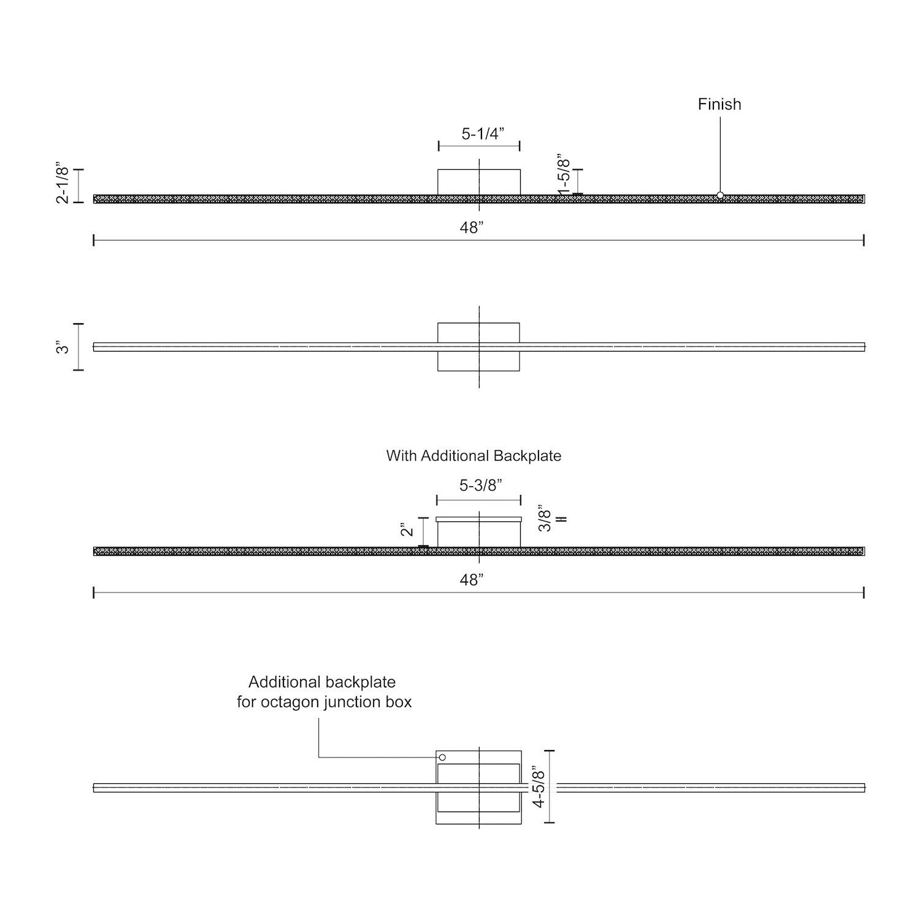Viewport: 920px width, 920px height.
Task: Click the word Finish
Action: [x=719, y=104]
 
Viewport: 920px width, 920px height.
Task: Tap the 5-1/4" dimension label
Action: [x=483, y=134]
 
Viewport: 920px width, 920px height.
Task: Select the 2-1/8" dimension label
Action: [x=63, y=183]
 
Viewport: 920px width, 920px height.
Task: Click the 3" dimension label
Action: [x=63, y=348]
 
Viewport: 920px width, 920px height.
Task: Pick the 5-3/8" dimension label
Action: [x=481, y=485]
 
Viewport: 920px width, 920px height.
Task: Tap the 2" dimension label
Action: [x=408, y=529]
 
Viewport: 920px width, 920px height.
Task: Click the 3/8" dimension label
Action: [x=545, y=518]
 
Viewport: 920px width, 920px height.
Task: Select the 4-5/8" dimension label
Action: [x=539, y=786]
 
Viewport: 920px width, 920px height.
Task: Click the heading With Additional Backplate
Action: [x=473, y=456]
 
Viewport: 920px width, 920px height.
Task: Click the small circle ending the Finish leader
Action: [x=720, y=195]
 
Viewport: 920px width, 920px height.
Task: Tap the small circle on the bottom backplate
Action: [x=442, y=757]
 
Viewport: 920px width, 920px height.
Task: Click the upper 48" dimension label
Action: [x=472, y=228]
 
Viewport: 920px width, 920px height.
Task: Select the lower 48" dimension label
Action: [x=472, y=580]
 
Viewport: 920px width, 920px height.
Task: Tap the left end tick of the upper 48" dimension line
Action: [x=93, y=240]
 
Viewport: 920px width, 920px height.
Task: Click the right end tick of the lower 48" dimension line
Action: [x=864, y=592]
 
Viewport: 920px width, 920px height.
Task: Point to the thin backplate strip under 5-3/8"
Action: [x=479, y=519]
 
